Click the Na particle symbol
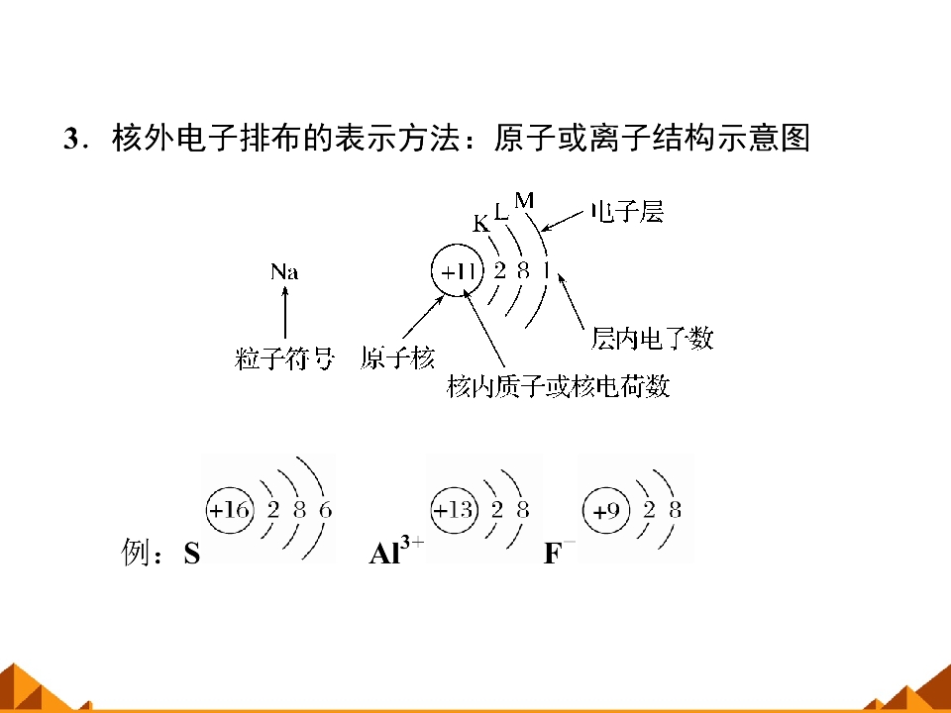tap(284, 271)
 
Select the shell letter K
tap(480, 224)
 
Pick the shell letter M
tap(524, 200)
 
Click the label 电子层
tap(628, 212)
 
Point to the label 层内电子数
tap(652, 339)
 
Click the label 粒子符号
tap(284, 358)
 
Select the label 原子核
tap(397, 357)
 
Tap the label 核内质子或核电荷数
tap(558, 386)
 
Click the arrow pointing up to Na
tap(284, 312)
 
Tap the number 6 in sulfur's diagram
tap(326, 510)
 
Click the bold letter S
tap(191, 553)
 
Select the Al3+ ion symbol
tap(396, 550)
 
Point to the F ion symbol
tap(559, 552)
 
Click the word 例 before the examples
tap(134, 553)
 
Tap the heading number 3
tap(71, 139)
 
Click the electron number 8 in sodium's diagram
tap(523, 270)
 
